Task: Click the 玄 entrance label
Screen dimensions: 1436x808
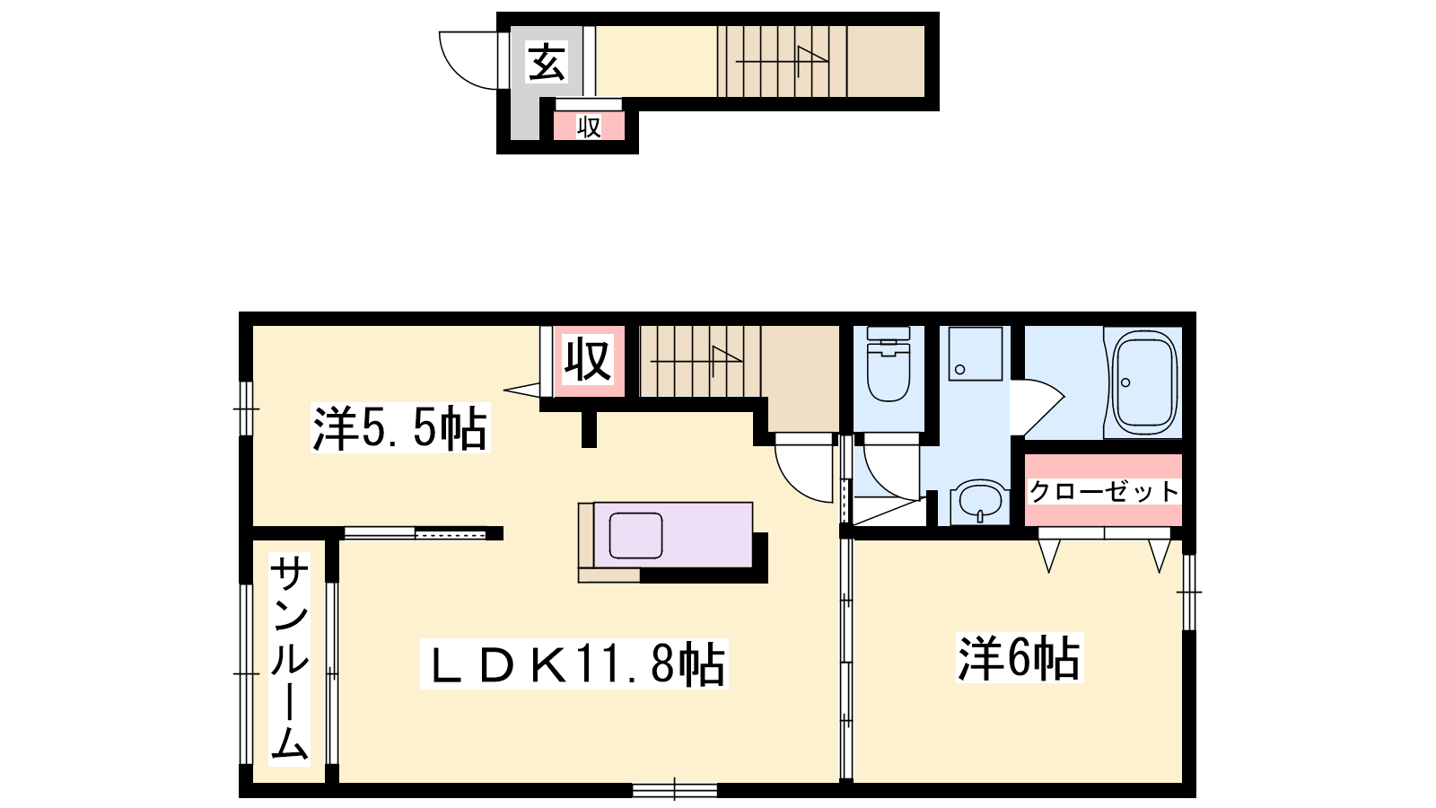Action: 547,62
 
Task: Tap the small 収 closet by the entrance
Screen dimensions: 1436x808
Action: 589,126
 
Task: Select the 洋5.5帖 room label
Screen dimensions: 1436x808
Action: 400,427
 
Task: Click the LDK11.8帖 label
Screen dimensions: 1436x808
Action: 574,663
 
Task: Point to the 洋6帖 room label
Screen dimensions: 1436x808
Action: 1020,657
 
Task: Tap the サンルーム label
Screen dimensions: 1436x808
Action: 289,659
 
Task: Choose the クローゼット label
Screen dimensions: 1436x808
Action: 1104,491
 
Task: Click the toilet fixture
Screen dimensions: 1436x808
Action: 888,364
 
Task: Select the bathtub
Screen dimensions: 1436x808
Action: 1144,382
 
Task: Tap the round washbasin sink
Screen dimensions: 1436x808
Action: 980,501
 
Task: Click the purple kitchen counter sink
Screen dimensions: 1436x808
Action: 635,535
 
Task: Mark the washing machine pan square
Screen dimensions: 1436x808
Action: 975,354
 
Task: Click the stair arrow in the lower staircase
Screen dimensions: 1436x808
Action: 696,360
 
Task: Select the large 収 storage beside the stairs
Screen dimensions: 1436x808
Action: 589,361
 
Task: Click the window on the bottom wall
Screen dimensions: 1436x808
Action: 674,790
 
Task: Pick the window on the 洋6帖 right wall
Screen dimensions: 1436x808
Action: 1189,592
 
